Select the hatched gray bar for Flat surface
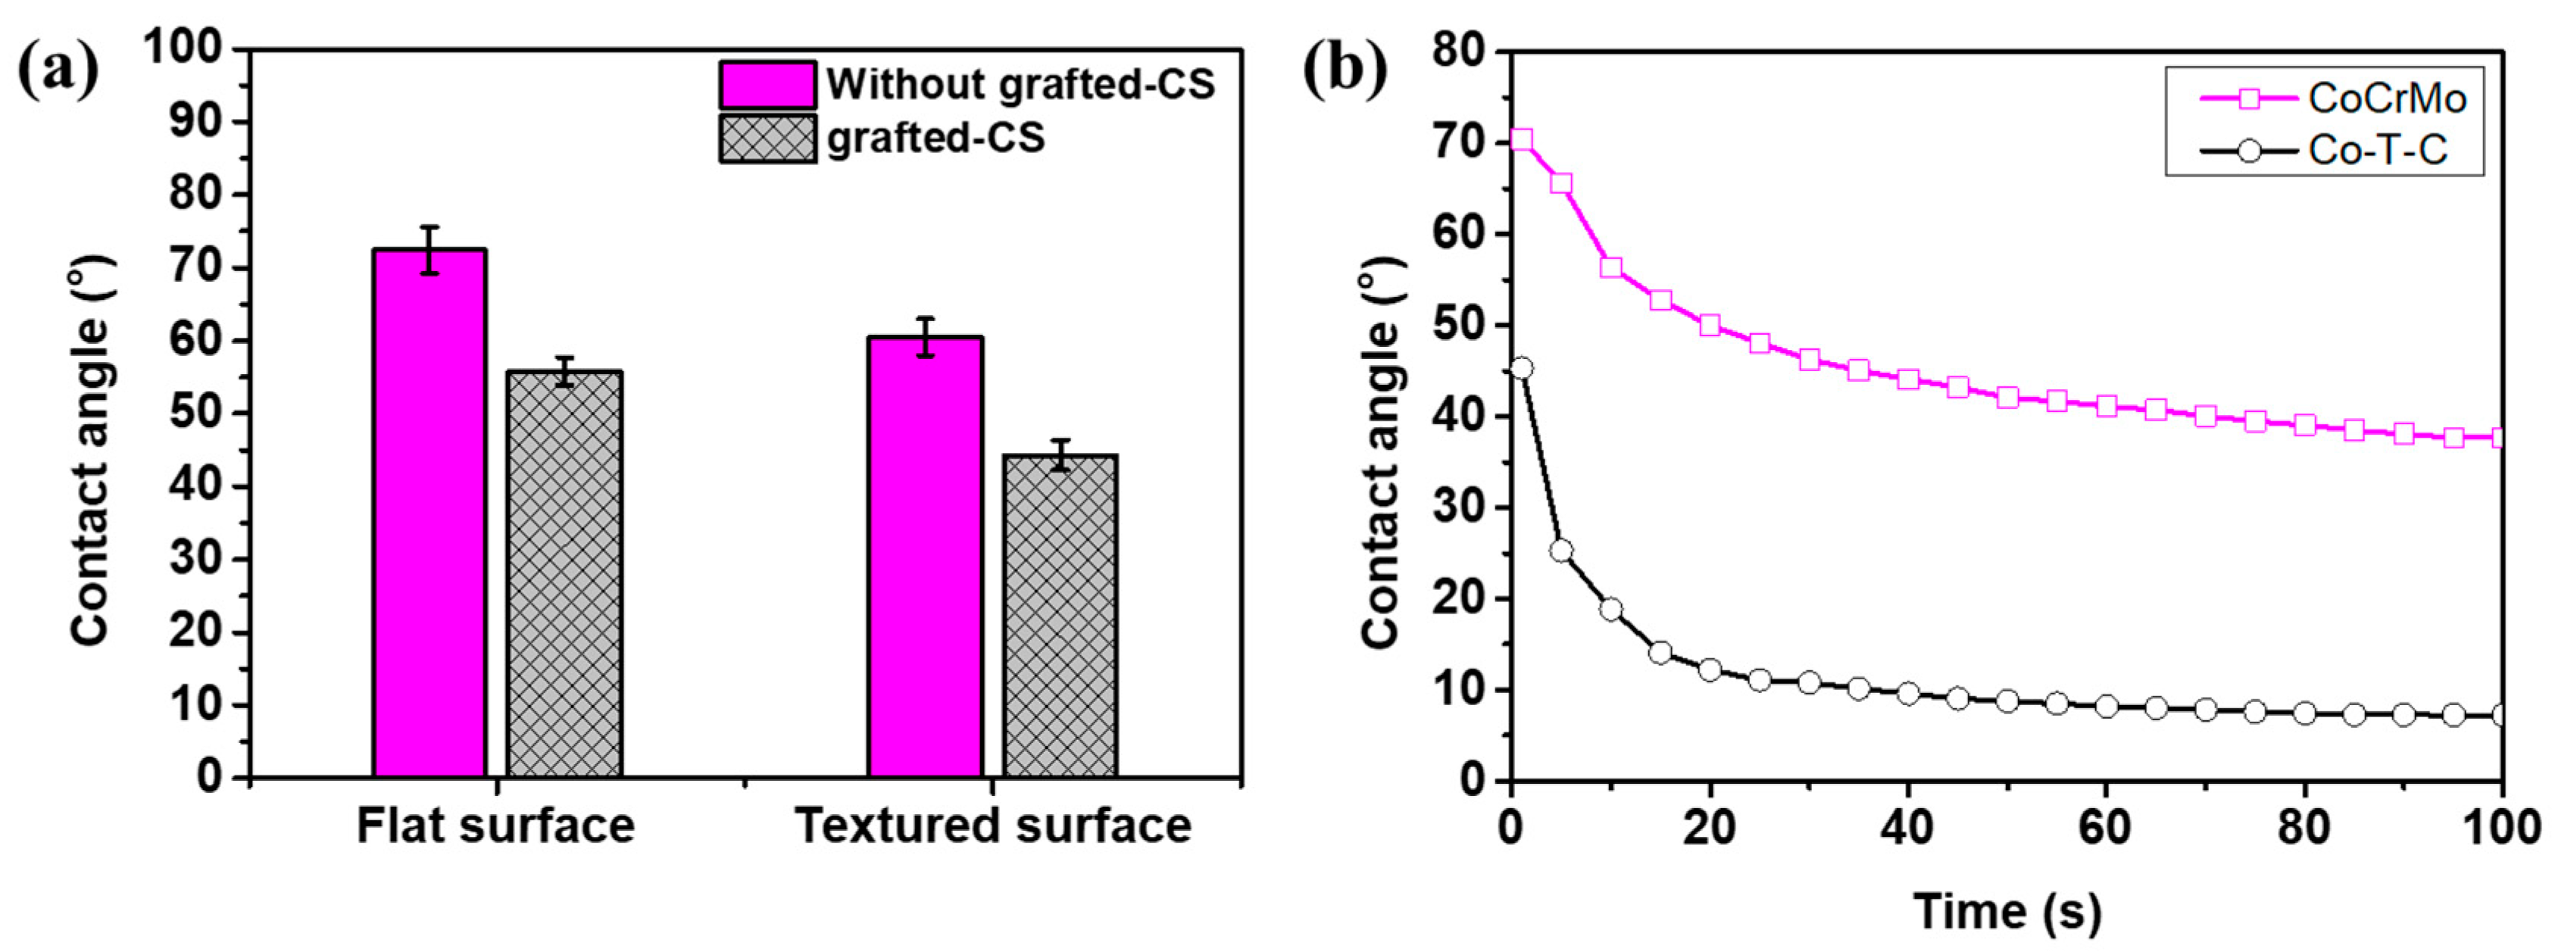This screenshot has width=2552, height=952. point(564,575)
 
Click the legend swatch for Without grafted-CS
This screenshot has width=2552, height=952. point(768,85)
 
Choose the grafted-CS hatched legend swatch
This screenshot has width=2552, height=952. point(768,139)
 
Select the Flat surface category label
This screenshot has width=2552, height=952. point(495,826)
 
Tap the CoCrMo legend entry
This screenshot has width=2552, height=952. point(2324,98)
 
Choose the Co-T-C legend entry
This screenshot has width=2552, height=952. point(2324,151)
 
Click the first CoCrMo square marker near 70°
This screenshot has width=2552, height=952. point(1522,139)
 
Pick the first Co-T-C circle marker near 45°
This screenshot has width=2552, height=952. point(1522,369)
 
